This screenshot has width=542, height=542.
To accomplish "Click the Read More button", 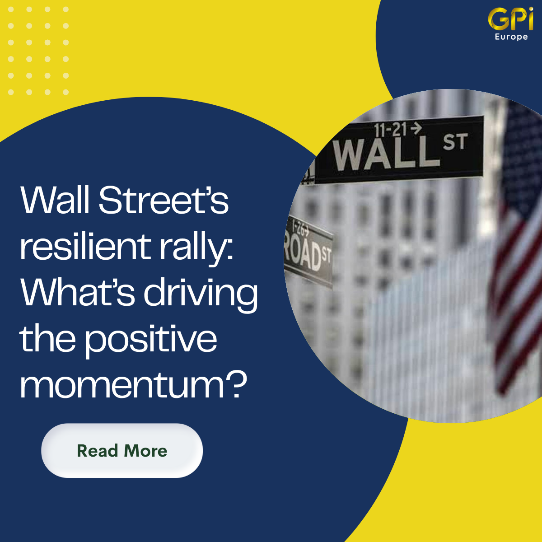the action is pyautogui.click(x=122, y=451).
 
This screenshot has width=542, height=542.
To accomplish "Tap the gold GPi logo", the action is pyautogui.click(x=511, y=19).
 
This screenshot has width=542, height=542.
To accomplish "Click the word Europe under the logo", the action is pyautogui.click(x=511, y=37).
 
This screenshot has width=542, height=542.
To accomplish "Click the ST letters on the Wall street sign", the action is pyautogui.click(x=455, y=141).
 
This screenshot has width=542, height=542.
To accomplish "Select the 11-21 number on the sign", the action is pyautogui.click(x=390, y=130).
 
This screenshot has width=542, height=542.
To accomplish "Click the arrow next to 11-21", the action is pyautogui.click(x=416, y=129).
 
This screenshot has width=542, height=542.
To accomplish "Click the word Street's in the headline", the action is pyautogui.click(x=164, y=200).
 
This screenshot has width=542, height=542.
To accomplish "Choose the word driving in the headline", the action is pyautogui.click(x=201, y=295).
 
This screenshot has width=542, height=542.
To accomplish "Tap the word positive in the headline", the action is pyautogui.click(x=151, y=341).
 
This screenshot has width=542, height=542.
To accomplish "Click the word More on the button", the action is pyautogui.click(x=145, y=451).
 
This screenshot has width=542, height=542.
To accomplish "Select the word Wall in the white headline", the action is pyautogui.click(x=55, y=200).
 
